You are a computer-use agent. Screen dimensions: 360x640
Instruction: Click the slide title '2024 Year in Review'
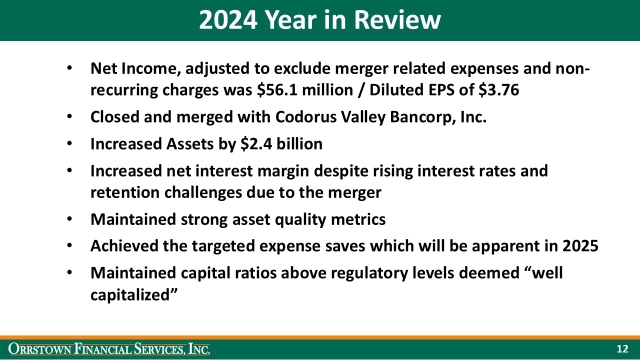click(x=319, y=20)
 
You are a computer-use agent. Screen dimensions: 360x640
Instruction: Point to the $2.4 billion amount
click(x=281, y=144)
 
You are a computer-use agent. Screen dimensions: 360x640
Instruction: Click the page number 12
click(x=622, y=349)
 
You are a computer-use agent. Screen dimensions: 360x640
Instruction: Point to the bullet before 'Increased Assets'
click(x=70, y=144)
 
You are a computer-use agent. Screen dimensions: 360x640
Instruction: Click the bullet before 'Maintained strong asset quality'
click(x=70, y=220)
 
